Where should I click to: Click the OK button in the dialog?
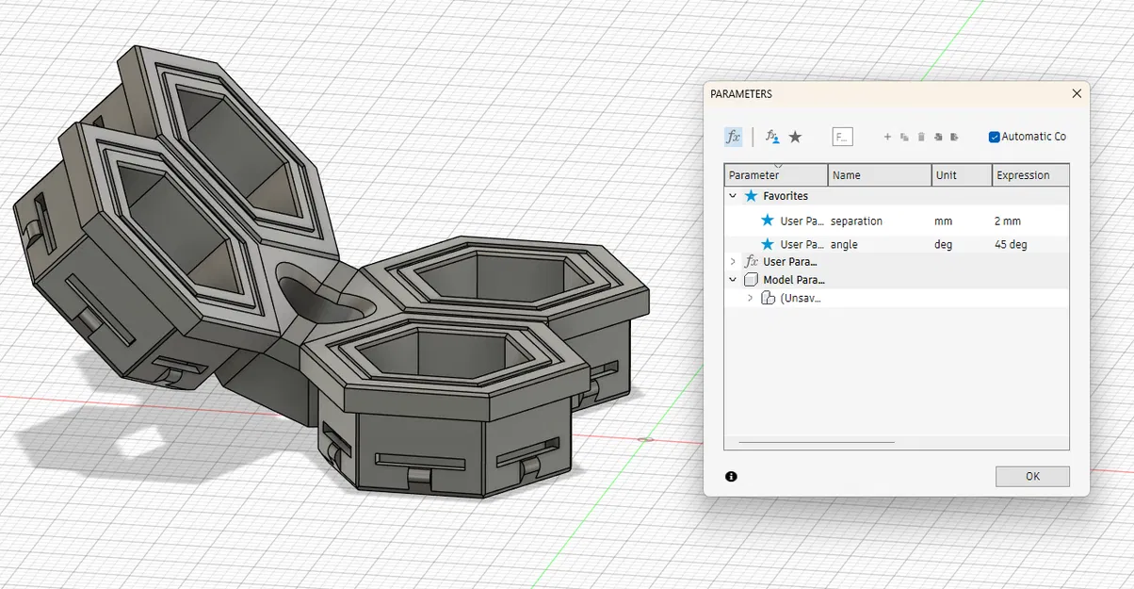(1031, 477)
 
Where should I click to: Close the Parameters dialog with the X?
(1077, 94)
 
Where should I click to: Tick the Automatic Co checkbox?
(994, 137)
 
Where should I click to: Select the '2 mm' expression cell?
(1007, 221)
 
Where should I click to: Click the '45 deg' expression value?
(1010, 245)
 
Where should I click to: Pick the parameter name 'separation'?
(856, 221)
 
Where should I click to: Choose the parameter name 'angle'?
(844, 245)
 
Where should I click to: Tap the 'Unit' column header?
(946, 175)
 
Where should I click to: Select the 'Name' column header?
(846, 175)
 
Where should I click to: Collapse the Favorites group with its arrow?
(733, 196)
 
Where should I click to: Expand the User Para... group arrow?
(733, 261)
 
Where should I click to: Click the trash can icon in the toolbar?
(921, 138)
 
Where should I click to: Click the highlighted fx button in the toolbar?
(733, 137)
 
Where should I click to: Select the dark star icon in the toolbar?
(795, 137)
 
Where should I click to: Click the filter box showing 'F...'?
(842, 137)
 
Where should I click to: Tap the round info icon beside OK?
(732, 477)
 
